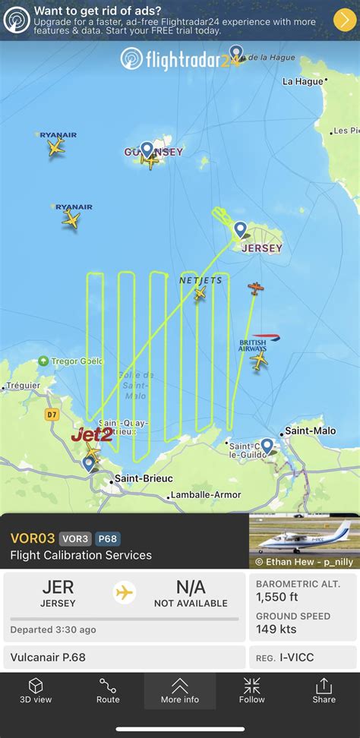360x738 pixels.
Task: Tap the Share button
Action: [x=324, y=690]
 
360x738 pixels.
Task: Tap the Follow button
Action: [x=252, y=690]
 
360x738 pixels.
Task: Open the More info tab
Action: [x=180, y=690]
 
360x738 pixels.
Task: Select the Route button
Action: [x=108, y=690]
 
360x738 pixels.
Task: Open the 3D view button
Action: [x=36, y=690]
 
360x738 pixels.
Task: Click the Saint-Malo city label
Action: [x=310, y=430]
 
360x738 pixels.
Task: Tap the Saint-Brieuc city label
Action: [x=143, y=478]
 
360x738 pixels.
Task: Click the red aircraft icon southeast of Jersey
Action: [x=256, y=289]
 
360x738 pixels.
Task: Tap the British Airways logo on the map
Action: [x=254, y=345]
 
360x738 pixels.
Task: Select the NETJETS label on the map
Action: [x=201, y=280]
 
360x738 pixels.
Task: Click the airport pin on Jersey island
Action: [x=240, y=229]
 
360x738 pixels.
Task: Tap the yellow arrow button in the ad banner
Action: [x=343, y=20]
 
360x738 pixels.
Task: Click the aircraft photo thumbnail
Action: [x=304, y=541]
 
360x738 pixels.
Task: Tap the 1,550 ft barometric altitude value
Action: [x=282, y=597]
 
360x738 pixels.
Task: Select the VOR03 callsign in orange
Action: [x=33, y=538]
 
